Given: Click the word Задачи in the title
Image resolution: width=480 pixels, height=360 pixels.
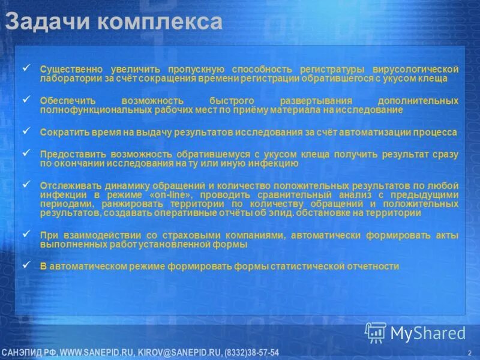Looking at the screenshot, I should pos(41,22).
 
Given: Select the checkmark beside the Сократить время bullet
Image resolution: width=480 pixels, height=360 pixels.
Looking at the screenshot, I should pos(25,129).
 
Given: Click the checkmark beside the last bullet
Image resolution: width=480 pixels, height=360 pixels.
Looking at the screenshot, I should pos(25,264).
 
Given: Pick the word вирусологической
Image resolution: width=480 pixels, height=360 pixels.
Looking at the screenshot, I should pos(415,70).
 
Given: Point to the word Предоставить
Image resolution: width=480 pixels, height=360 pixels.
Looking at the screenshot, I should pos(69,154).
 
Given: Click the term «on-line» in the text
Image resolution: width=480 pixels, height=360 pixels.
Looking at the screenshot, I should pos(173,195).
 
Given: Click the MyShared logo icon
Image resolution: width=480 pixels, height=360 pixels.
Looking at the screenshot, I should pos(376,332).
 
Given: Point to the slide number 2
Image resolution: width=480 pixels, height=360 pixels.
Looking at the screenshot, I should pos(468,352).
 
